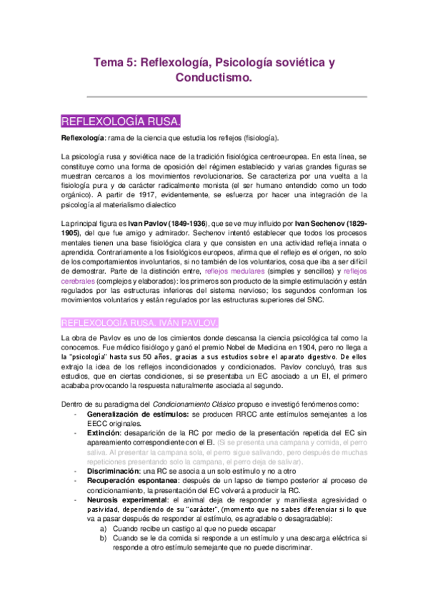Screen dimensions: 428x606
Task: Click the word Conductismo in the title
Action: [214, 80]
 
